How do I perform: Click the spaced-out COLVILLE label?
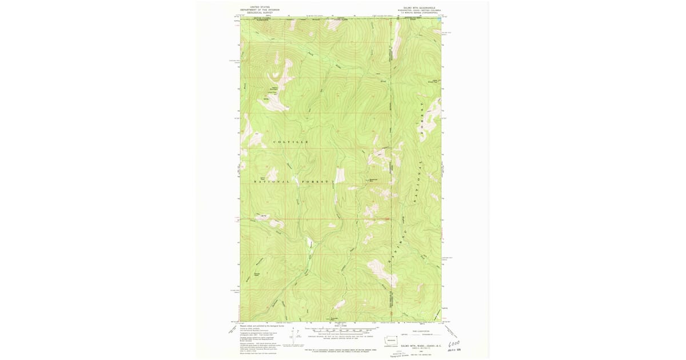click(x=291, y=141)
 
